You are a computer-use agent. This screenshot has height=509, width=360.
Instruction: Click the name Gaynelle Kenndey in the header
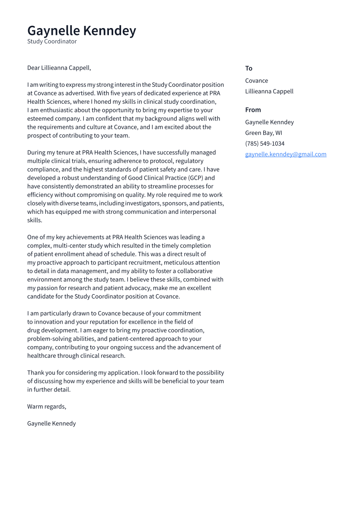[x=81, y=31]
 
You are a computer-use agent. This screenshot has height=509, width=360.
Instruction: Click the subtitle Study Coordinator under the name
[x=52, y=41]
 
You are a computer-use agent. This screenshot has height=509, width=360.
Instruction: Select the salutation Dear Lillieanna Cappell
[x=59, y=68]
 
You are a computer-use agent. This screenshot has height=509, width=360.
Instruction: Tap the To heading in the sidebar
[x=248, y=68]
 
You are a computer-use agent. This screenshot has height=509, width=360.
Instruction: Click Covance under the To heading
[x=256, y=81]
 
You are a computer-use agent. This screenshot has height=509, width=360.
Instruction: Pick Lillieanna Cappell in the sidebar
[x=269, y=91]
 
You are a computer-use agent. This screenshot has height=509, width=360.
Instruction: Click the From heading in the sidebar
[x=253, y=110]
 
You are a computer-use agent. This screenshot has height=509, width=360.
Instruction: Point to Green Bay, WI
[x=263, y=133]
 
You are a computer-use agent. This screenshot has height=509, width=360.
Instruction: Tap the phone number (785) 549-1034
[x=264, y=143]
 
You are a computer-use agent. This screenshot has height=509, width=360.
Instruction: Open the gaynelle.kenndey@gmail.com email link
[x=286, y=154]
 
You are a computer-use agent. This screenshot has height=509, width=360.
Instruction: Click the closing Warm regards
[x=47, y=407]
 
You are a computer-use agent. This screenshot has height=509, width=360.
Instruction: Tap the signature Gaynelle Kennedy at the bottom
[x=51, y=423]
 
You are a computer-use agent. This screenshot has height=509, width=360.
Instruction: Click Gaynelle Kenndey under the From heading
[x=269, y=122]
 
